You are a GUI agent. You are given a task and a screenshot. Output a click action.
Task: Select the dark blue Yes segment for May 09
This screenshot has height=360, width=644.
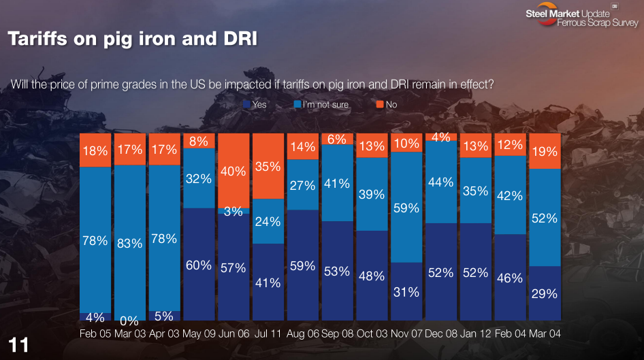(x=199, y=264)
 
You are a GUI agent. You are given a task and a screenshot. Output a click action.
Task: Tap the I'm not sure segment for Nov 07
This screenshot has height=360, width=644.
(x=406, y=207)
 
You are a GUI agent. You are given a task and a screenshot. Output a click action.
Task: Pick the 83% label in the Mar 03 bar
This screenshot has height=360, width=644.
(x=129, y=242)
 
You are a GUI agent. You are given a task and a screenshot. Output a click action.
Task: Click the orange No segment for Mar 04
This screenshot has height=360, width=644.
(x=545, y=150)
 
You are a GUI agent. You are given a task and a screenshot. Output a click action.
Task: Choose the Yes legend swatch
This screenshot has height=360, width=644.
(x=247, y=105)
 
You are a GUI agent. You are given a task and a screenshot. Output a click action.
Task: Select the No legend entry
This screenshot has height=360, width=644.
(x=386, y=105)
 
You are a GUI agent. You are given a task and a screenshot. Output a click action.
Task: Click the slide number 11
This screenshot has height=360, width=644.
(x=18, y=345)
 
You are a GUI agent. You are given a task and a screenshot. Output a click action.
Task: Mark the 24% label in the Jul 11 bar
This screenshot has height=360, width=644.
(x=268, y=221)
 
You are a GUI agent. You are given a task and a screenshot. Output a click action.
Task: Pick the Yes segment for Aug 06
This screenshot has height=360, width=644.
(x=302, y=265)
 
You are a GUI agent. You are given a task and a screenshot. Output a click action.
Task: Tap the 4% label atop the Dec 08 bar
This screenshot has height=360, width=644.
(x=441, y=137)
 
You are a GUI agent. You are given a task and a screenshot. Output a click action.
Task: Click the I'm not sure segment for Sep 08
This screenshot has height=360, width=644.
(x=337, y=183)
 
